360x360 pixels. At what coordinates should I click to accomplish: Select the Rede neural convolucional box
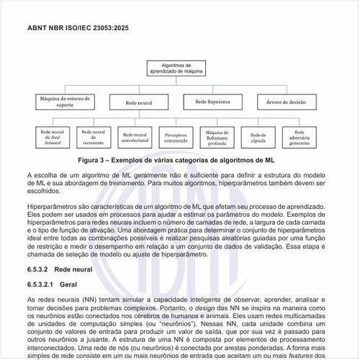135,137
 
